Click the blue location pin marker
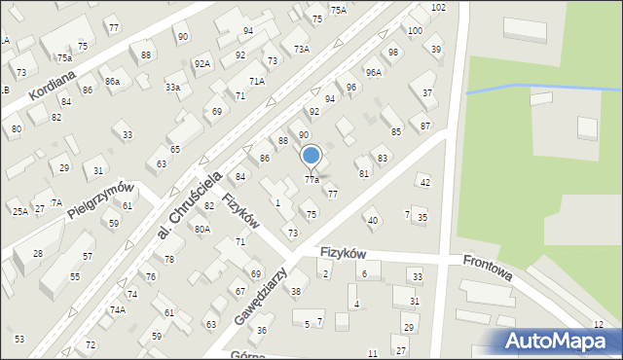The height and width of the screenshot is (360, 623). click(311, 156)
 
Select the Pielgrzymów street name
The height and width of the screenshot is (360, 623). click(99, 199)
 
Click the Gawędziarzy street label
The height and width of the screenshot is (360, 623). click(257, 299)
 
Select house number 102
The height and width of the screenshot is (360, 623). click(439, 8)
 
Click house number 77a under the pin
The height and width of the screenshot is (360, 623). click(311, 180)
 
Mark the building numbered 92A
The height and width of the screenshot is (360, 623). click(202, 64)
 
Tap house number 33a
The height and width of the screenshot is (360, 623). click(172, 88)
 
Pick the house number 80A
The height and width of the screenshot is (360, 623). click(202, 229)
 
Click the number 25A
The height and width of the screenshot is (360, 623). click(19, 211)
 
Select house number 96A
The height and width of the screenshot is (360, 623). click(373, 72)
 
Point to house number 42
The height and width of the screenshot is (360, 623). click(423, 182)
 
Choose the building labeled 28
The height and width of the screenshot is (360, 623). click(37, 254)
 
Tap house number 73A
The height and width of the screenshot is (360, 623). click(302, 49)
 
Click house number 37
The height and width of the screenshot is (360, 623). click(427, 93)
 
